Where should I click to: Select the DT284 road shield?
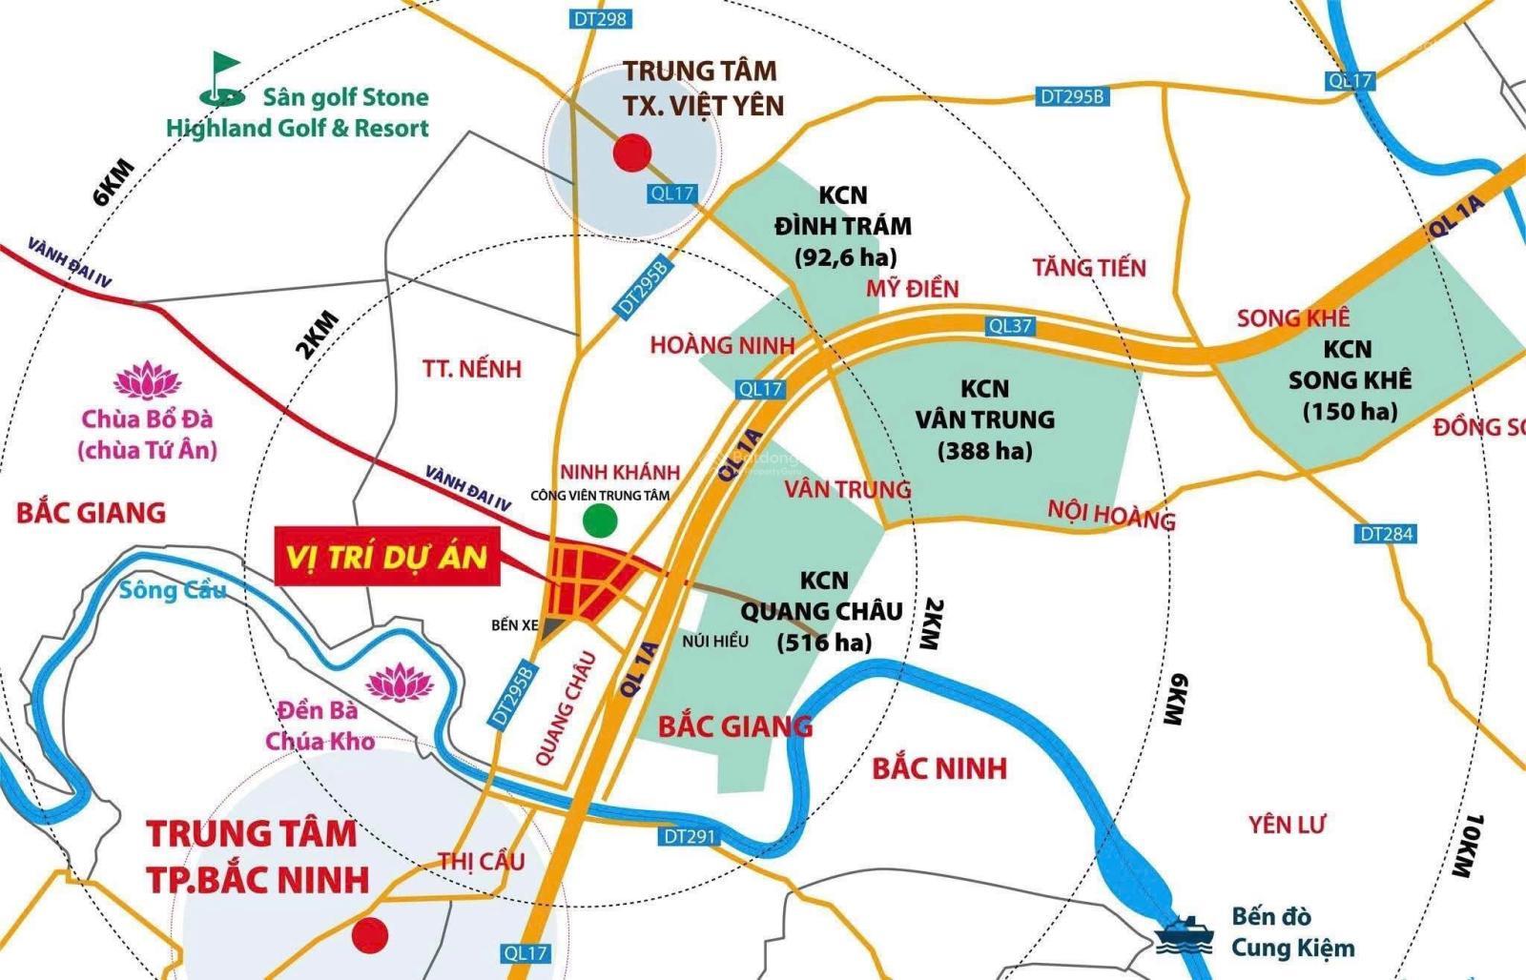1386,534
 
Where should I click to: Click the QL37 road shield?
1010,326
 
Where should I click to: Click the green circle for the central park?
600,520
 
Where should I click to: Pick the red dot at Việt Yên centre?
631,153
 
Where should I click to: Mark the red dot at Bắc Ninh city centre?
369,935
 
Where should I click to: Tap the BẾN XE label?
515,625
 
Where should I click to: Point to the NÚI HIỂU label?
715,641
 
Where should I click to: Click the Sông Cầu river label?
173,590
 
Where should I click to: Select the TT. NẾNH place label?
472,369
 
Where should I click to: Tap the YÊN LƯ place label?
1288,824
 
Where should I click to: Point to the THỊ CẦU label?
481,861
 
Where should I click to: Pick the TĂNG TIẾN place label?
1089,268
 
